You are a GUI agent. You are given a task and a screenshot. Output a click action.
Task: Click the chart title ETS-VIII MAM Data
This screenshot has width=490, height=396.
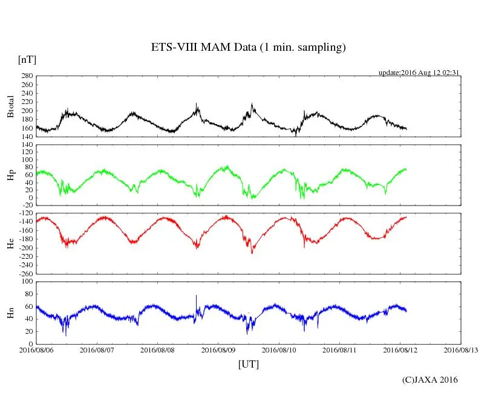(x=248, y=48)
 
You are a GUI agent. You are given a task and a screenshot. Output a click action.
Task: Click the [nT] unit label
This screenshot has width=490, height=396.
(x=27, y=60)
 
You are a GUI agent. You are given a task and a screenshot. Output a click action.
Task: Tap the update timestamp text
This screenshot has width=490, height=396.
(x=419, y=73)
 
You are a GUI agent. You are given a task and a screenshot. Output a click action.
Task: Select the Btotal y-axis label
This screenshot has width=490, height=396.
(x=10, y=106)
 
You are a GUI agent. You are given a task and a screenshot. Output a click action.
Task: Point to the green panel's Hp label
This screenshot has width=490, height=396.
(x=10, y=175)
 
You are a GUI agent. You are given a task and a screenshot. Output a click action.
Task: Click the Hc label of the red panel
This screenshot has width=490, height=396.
(x=10, y=244)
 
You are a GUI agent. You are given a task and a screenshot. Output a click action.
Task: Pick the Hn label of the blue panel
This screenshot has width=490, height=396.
(x=10, y=313)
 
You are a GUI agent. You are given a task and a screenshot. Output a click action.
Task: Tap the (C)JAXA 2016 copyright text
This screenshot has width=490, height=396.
(x=430, y=380)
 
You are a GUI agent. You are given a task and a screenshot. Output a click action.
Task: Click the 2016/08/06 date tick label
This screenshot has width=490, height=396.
(x=36, y=350)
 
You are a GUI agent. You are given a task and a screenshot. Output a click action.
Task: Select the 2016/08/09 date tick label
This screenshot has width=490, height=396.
(x=218, y=350)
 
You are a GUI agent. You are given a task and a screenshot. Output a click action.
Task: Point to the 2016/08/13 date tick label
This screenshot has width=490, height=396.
(x=461, y=350)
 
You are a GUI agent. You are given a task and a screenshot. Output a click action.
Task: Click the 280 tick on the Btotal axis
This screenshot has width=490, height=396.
(x=26, y=76)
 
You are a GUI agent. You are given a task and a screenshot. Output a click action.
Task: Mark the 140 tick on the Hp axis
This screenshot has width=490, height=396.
(x=26, y=145)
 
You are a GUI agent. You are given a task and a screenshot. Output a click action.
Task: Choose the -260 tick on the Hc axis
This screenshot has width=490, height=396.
(x=24, y=274)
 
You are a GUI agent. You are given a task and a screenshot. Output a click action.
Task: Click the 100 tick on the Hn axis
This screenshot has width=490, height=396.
(x=26, y=282)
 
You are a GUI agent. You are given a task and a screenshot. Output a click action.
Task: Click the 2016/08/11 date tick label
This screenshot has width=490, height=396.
(x=340, y=350)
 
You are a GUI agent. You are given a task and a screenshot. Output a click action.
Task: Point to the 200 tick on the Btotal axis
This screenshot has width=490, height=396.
(x=26, y=111)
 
